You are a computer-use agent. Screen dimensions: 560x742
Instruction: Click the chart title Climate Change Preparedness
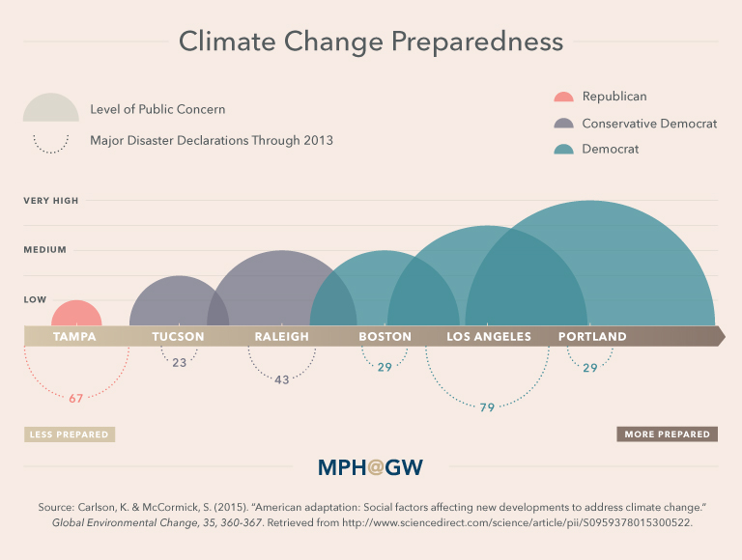click(371, 42)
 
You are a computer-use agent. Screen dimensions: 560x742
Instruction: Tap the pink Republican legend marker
click(563, 98)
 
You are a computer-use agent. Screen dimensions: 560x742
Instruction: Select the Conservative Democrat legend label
click(648, 124)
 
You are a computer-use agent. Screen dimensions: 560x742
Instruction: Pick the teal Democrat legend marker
click(563, 150)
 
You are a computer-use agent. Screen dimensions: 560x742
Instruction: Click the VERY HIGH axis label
click(51, 201)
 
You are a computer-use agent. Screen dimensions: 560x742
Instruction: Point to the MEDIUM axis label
click(45, 250)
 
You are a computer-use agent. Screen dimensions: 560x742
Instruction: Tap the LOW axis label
click(35, 300)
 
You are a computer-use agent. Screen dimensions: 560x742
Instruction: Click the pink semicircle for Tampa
click(76, 316)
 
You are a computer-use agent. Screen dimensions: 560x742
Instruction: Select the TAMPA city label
click(74, 337)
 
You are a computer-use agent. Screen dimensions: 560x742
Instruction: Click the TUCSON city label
click(179, 337)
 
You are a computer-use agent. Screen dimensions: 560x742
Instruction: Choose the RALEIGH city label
click(282, 337)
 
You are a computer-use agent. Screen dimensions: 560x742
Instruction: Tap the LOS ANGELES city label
click(489, 337)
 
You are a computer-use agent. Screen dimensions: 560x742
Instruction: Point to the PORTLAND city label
click(592, 337)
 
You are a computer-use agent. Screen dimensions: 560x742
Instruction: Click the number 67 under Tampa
click(76, 398)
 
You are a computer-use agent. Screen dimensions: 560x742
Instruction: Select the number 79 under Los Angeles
click(487, 407)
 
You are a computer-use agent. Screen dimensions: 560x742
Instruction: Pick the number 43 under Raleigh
click(282, 379)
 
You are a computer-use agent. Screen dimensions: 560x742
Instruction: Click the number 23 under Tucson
click(179, 363)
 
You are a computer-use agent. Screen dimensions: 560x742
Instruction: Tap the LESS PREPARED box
click(69, 434)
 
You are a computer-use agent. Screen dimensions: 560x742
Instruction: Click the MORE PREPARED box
click(667, 434)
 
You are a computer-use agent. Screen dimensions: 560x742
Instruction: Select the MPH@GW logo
click(371, 468)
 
